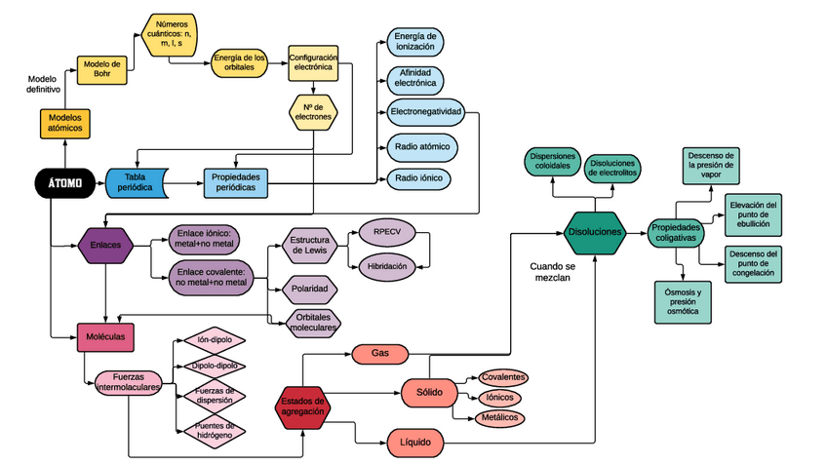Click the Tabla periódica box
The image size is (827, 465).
pyautogui.click(x=137, y=180)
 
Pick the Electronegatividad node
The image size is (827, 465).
pyautogui.click(x=426, y=111)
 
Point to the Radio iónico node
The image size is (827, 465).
pyautogui.click(x=421, y=178)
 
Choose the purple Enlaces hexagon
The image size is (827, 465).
pyautogui.click(x=106, y=245)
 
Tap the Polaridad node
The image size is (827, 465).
pyautogui.click(x=307, y=290)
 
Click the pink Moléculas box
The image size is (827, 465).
pyautogui.click(x=105, y=337)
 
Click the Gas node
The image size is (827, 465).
pyautogui.click(x=380, y=352)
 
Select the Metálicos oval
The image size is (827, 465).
pyautogui.click(x=498, y=417)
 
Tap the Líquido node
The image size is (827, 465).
pyautogui.click(x=415, y=443)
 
